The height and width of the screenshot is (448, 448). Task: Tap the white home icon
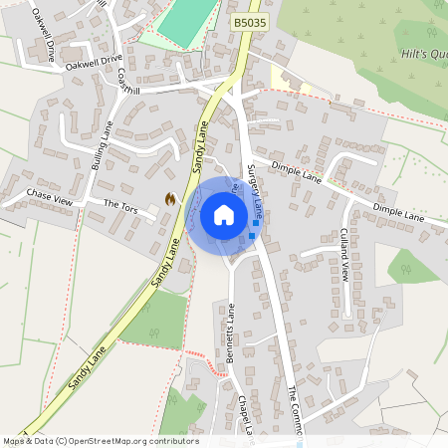(224, 214)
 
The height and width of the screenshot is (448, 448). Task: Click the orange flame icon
(170, 199)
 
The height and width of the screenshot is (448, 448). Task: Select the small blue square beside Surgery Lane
(256, 223)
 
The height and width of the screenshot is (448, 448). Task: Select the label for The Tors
(120, 205)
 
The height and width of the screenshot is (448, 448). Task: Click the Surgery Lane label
(256, 189)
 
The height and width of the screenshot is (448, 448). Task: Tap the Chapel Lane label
(246, 413)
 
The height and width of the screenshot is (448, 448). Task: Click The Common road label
(295, 408)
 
